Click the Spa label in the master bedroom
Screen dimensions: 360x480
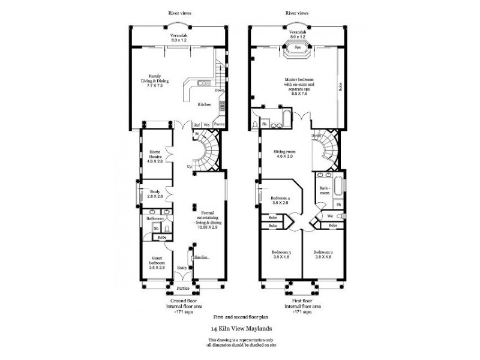tap(297, 46)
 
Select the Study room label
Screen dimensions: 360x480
tap(155, 194)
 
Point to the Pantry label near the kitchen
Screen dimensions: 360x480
tap(218, 124)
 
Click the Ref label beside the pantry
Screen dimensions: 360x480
tap(197, 124)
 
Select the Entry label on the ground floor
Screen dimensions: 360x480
tap(181, 268)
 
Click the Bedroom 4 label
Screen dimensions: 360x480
tap(280, 200)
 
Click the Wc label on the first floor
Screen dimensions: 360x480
tap(330, 215)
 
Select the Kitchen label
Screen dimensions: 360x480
tap(205, 104)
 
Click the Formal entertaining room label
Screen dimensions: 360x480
tap(208, 218)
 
